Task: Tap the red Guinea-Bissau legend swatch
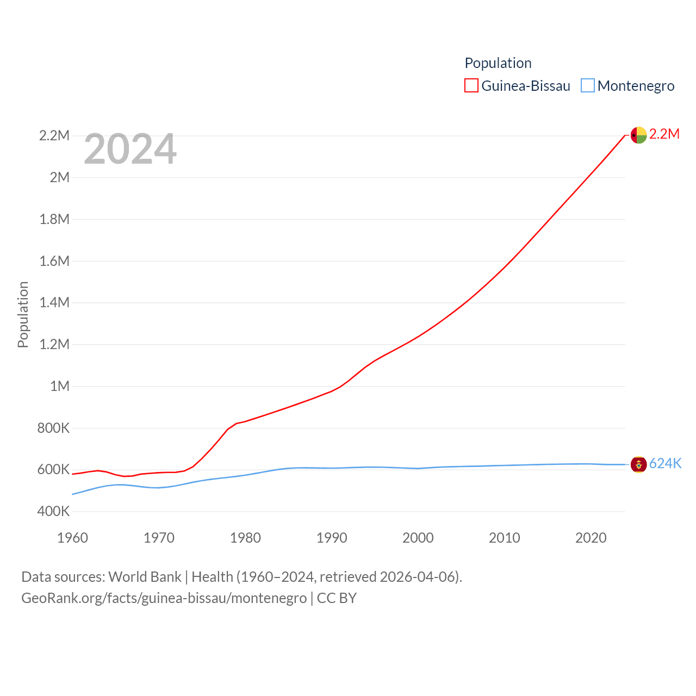pyautogui.click(x=471, y=85)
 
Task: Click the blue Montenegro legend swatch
pyautogui.click(x=588, y=85)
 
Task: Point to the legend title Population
pyautogui.click(x=498, y=63)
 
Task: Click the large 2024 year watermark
pyautogui.click(x=130, y=149)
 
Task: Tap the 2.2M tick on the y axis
pyautogui.click(x=54, y=135)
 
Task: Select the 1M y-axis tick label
pyautogui.click(x=60, y=386)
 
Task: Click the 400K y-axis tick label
pyautogui.click(x=54, y=511)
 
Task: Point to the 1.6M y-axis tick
pyautogui.click(x=54, y=261)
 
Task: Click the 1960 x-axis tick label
pyautogui.click(x=72, y=538)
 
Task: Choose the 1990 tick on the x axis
pyautogui.click(x=332, y=538)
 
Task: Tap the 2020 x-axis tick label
pyautogui.click(x=591, y=538)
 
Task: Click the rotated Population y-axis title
pyautogui.click(x=23, y=314)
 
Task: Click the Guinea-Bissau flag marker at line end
pyautogui.click(x=638, y=135)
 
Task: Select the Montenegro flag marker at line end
pyautogui.click(x=638, y=464)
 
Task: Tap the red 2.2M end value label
pyautogui.click(x=664, y=134)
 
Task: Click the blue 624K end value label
pyautogui.click(x=665, y=463)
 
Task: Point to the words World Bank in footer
pyautogui.click(x=145, y=576)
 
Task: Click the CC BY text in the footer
pyautogui.click(x=337, y=598)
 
